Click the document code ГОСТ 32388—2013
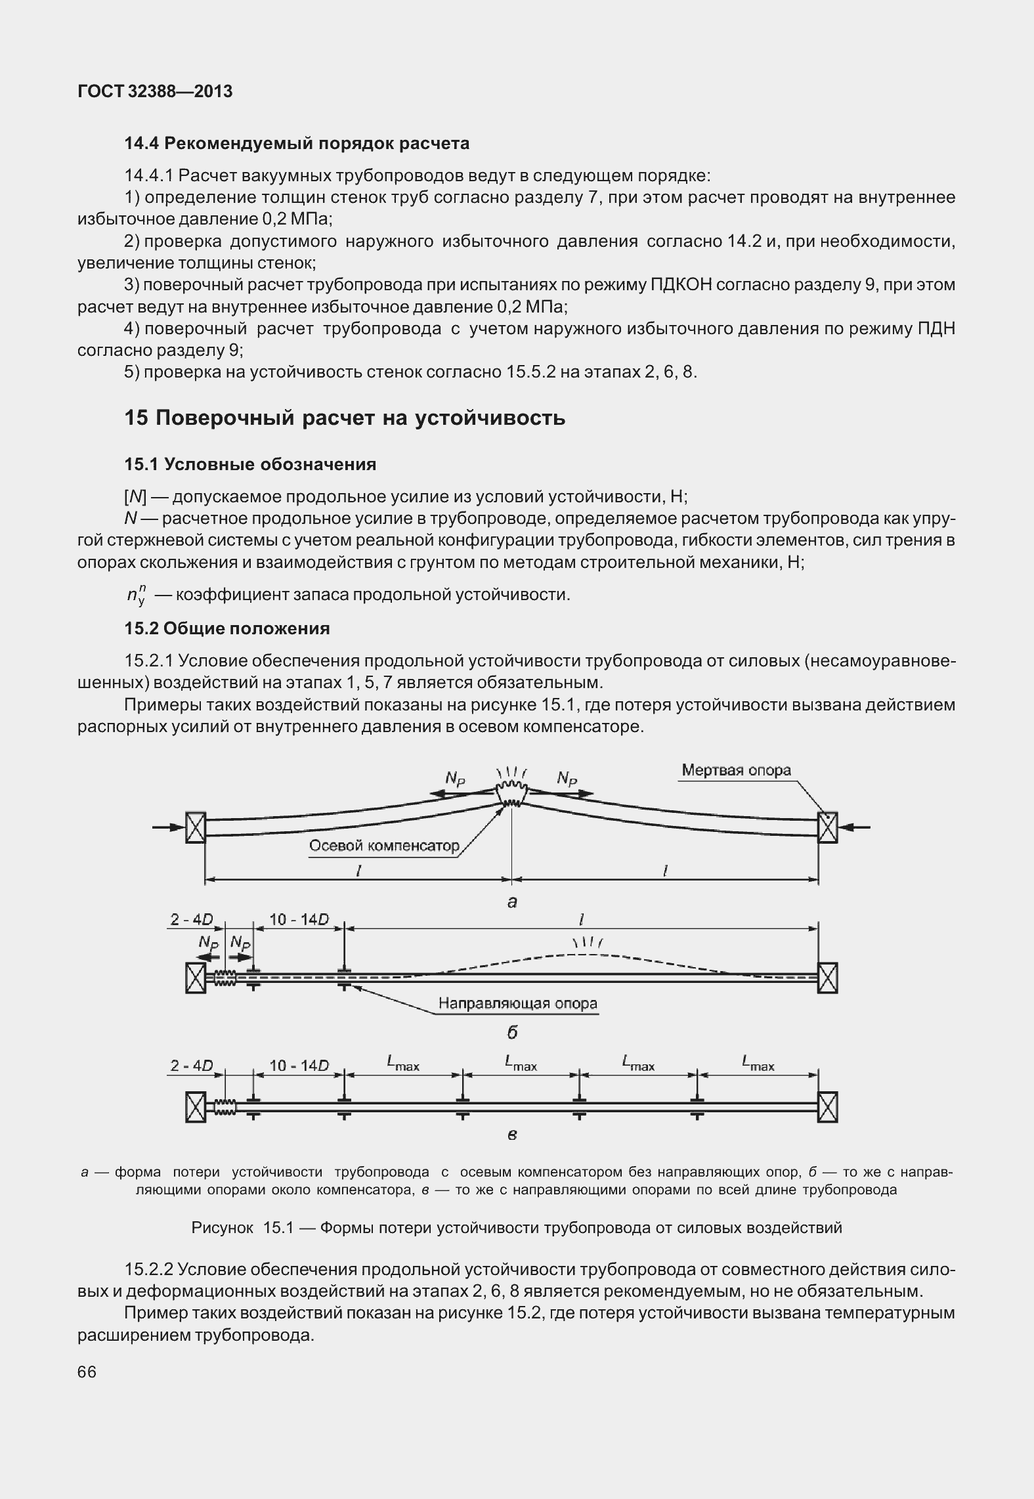[x=155, y=91]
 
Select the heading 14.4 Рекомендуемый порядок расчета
[x=297, y=143]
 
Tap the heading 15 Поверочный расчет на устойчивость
[x=345, y=418]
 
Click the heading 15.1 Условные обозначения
[x=250, y=464]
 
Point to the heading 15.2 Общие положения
[x=227, y=628]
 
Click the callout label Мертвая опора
[x=736, y=770]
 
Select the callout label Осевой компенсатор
[x=384, y=846]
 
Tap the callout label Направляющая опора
[x=518, y=1003]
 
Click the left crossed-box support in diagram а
[x=196, y=827]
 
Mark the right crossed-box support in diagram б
[x=828, y=978]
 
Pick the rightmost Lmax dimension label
[x=758, y=1063]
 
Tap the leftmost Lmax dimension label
[x=403, y=1063]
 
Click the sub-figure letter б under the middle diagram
[x=512, y=1032]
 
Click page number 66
[x=87, y=1372]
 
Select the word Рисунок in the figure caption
[x=222, y=1227]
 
